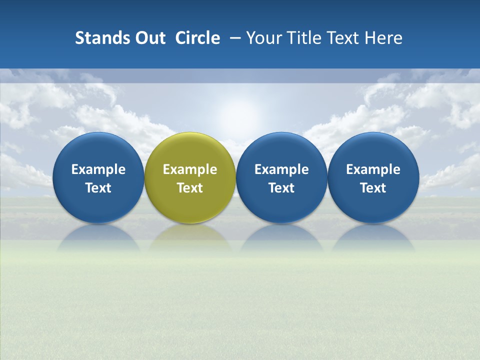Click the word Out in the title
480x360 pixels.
[149, 38]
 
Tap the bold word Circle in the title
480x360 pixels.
[197, 38]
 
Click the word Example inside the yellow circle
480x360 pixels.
[190, 169]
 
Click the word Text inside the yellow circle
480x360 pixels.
[190, 188]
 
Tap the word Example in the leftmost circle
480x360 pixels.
[98, 169]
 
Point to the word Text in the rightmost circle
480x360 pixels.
[373, 188]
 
